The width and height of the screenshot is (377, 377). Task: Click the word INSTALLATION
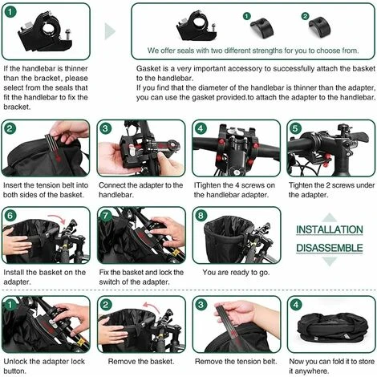pos(330,229)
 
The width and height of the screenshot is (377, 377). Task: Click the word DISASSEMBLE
pos(330,248)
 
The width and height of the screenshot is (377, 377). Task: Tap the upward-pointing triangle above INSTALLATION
pos(330,217)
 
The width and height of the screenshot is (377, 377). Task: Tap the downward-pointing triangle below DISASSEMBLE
pos(330,261)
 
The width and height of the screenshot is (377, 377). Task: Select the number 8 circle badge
pos(201,216)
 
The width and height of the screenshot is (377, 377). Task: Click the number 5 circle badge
pos(295,128)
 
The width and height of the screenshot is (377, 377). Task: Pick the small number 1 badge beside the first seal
pos(246,16)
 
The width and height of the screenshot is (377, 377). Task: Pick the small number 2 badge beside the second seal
pos(305,16)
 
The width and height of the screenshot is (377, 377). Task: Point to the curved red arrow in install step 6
pos(58,217)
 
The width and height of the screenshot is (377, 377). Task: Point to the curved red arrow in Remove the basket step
pos(151,306)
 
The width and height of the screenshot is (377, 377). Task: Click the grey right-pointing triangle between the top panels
pos(110,31)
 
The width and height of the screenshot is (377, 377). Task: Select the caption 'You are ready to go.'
pos(236,273)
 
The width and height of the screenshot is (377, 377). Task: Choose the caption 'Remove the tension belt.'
pos(236,362)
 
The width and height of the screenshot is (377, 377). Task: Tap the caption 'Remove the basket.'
pos(141,362)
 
